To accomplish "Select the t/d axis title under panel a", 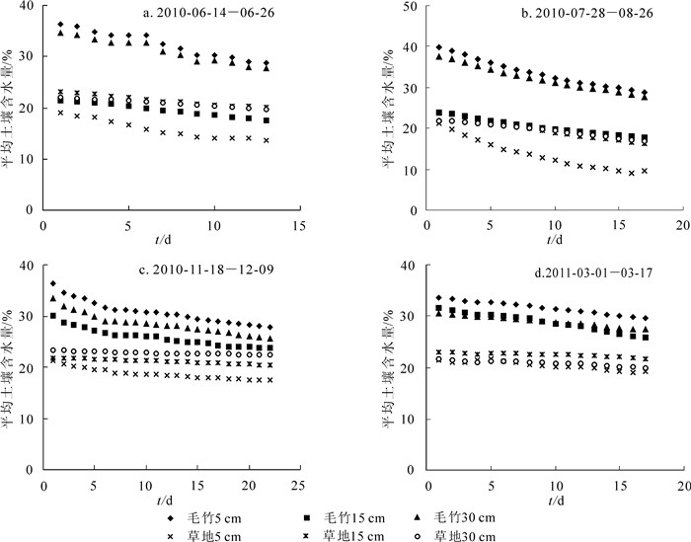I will point(171,241).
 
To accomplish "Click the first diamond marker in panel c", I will point(53,284).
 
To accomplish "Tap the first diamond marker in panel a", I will point(60,25).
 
